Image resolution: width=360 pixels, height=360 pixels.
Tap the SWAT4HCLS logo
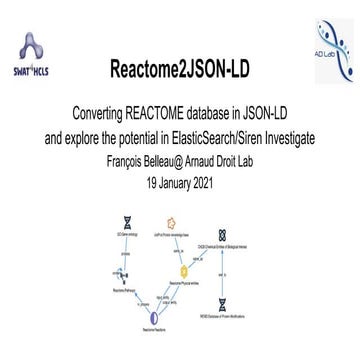click(x=36, y=56)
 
